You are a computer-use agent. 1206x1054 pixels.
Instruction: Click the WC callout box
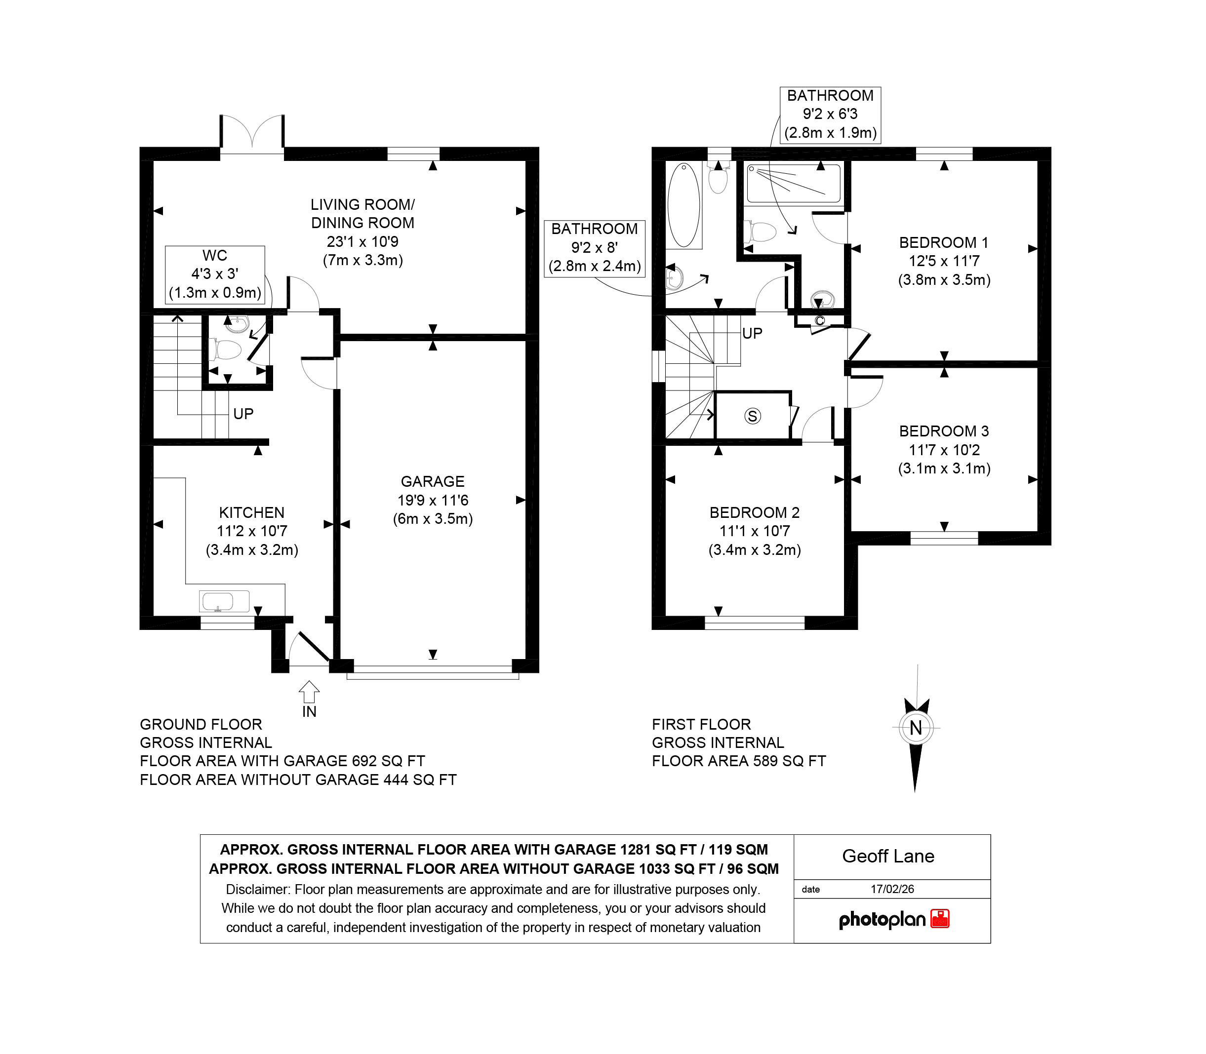pos(215,274)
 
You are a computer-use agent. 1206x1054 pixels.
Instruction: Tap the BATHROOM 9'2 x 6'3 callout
pos(830,115)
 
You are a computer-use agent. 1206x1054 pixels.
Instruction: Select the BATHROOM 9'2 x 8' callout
pos(595,248)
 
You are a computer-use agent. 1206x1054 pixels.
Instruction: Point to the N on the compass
pos(916,728)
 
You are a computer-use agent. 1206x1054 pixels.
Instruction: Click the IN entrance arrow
pos(309,692)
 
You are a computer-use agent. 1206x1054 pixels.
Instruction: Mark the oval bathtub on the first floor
pos(683,205)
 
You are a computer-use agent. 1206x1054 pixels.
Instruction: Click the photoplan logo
pos(893,919)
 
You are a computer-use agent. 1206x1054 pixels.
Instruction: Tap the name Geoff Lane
pos(888,857)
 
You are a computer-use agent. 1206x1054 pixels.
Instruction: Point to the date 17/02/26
pos(892,889)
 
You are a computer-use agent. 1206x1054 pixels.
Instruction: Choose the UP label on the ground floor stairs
pos(243,414)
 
